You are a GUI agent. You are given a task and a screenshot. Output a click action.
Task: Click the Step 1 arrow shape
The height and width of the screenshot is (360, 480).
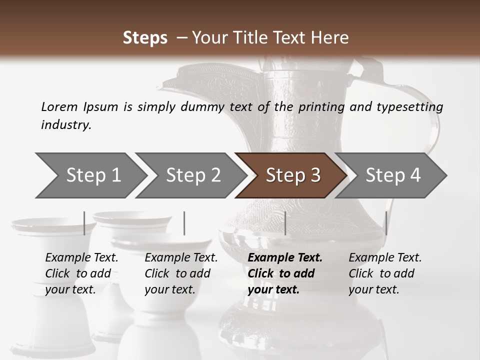click(90, 175)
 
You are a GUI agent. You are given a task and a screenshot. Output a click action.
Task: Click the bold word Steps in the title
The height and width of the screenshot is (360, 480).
click(145, 38)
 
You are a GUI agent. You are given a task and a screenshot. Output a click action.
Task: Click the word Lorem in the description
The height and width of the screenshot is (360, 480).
click(59, 107)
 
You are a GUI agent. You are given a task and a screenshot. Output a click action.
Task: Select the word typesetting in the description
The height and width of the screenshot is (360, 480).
click(407, 107)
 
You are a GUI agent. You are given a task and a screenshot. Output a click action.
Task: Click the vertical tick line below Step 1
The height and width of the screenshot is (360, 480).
click(84, 223)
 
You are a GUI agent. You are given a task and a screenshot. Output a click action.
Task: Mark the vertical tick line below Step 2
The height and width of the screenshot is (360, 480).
click(184, 223)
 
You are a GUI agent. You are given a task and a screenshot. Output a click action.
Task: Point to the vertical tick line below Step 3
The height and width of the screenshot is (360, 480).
click(285, 223)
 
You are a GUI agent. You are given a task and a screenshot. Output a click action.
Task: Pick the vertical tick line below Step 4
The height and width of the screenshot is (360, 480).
click(386, 223)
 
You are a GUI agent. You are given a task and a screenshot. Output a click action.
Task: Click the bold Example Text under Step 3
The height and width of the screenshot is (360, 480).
click(285, 258)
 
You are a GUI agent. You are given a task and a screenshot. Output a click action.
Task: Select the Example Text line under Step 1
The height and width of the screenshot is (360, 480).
click(81, 258)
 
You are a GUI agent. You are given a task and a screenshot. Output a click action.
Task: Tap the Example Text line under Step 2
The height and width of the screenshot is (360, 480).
click(181, 258)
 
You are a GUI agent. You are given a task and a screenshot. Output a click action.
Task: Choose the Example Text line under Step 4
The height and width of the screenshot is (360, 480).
click(385, 258)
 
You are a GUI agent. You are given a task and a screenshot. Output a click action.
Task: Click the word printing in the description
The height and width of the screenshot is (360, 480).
click(321, 107)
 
